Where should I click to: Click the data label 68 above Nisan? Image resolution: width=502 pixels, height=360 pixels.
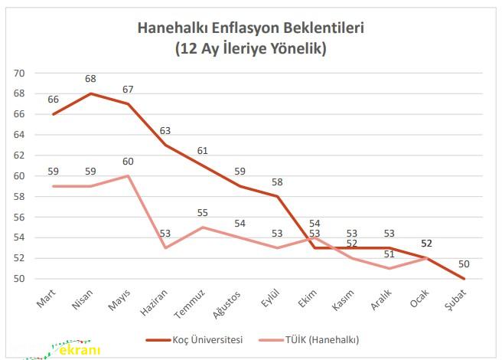coord(90,80)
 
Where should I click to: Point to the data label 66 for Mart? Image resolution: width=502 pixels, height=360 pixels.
coord(53,100)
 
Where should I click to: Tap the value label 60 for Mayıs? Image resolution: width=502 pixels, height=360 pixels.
coord(127,162)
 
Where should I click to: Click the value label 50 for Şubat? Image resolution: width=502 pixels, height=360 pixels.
coord(463,264)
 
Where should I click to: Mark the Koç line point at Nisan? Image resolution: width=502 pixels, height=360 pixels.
coord(90,93)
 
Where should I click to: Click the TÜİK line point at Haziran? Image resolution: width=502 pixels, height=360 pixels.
coord(165,247)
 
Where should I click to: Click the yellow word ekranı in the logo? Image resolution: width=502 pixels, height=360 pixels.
coord(79,351)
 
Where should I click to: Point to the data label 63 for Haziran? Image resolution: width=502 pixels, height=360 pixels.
coord(165,131)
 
